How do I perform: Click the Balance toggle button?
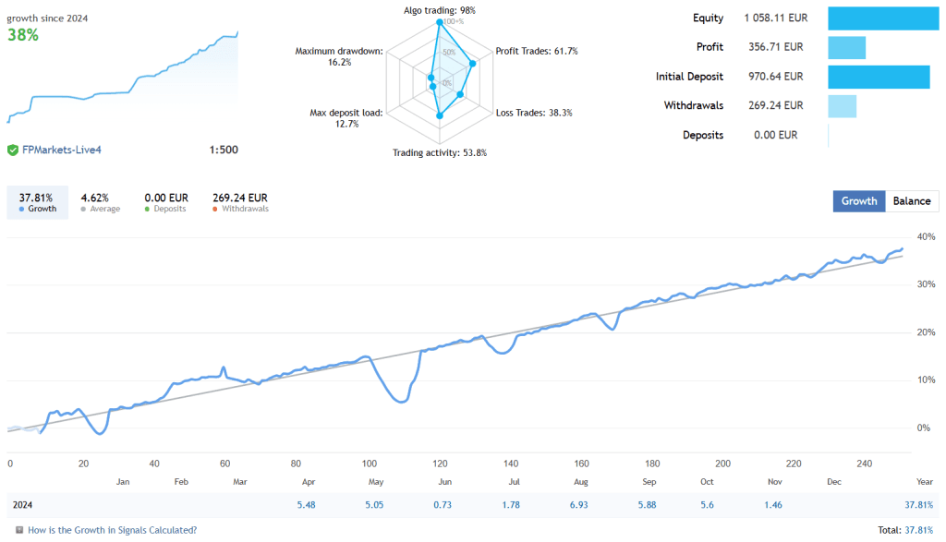[912, 201]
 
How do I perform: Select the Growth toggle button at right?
[858, 201]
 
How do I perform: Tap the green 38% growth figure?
[23, 35]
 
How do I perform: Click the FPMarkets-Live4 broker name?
[61, 150]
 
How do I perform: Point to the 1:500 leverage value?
[224, 150]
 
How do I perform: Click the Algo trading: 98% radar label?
[440, 10]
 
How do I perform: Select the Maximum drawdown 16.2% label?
[338, 56]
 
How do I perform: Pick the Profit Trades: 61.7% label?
[537, 51]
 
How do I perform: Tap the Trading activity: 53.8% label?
[440, 152]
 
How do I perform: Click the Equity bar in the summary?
[883, 18]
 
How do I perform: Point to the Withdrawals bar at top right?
[843, 105]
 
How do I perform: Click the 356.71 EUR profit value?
[773, 47]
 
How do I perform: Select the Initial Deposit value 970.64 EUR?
[773, 77]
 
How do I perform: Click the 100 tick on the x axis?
[370, 464]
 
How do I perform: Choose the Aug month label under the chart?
[580, 482]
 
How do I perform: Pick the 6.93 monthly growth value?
[580, 505]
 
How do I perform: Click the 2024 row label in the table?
[24, 505]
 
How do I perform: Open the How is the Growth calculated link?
[112, 530]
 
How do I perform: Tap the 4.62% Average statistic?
[94, 198]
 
